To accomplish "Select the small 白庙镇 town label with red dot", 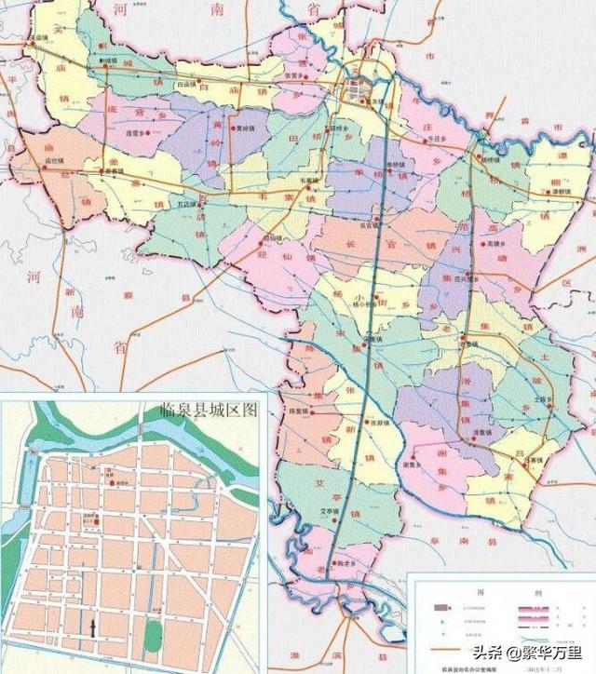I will (189, 83).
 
